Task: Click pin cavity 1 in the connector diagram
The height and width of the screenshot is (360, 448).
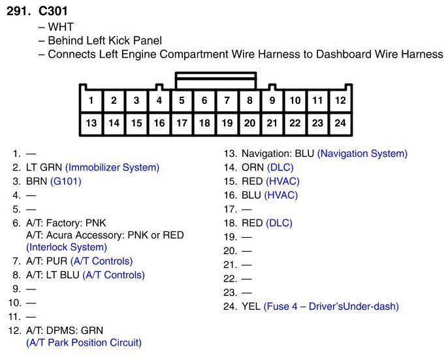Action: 91,101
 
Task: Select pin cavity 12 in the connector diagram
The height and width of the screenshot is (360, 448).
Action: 340,101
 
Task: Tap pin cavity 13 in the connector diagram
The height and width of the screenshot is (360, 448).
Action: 91,123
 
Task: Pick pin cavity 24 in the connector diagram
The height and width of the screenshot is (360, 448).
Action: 340,123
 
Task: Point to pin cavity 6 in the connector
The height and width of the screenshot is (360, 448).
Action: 204,101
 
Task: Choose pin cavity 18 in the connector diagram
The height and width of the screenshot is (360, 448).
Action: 204,123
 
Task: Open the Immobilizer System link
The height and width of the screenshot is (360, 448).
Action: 112,167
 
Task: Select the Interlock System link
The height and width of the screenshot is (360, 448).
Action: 66,247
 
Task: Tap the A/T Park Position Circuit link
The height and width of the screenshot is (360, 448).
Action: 84,342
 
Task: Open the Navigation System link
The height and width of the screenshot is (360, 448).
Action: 362,154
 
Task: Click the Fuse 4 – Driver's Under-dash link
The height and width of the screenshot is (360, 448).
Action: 331,306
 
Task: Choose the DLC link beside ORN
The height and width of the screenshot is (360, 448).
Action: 280,167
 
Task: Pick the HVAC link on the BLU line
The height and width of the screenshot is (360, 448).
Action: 281,195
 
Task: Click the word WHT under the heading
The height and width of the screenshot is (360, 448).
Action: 61,27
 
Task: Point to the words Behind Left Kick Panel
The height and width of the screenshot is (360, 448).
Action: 104,41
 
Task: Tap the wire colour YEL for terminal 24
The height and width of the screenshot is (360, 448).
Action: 251,306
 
